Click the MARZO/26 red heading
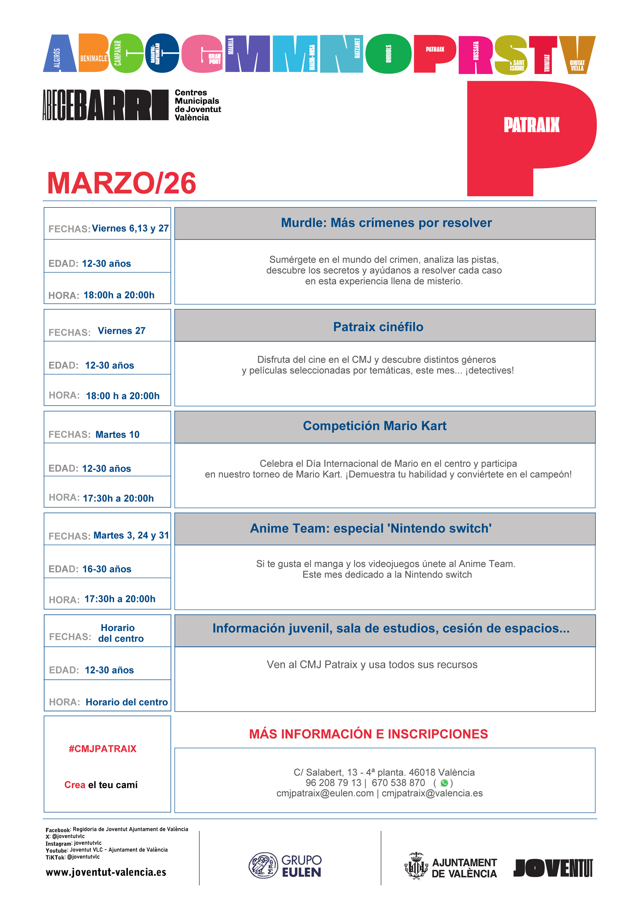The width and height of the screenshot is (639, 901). click(121, 183)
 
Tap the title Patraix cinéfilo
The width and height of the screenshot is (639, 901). click(378, 327)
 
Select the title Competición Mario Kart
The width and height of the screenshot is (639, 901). click(374, 426)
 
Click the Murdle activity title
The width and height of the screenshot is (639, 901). click(386, 223)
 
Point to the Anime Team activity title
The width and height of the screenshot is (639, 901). click(371, 528)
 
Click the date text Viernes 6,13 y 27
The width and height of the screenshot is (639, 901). click(130, 228)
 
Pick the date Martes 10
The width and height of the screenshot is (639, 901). click(117, 435)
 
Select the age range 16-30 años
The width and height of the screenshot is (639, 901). click(107, 569)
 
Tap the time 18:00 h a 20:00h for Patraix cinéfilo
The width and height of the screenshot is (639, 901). click(123, 396)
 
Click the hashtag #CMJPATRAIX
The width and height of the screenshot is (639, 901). click(102, 749)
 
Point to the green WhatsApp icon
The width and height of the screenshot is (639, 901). click(444, 783)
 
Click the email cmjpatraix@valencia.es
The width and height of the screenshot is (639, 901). click(432, 793)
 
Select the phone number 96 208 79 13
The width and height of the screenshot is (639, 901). click(333, 783)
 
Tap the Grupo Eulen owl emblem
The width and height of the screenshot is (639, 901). click(263, 865)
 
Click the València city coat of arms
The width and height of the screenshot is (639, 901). click(416, 866)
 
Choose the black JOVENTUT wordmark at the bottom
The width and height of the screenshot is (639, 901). click(553, 868)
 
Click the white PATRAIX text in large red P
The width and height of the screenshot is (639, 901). click(531, 125)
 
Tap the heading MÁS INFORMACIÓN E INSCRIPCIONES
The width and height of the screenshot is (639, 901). click(368, 734)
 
